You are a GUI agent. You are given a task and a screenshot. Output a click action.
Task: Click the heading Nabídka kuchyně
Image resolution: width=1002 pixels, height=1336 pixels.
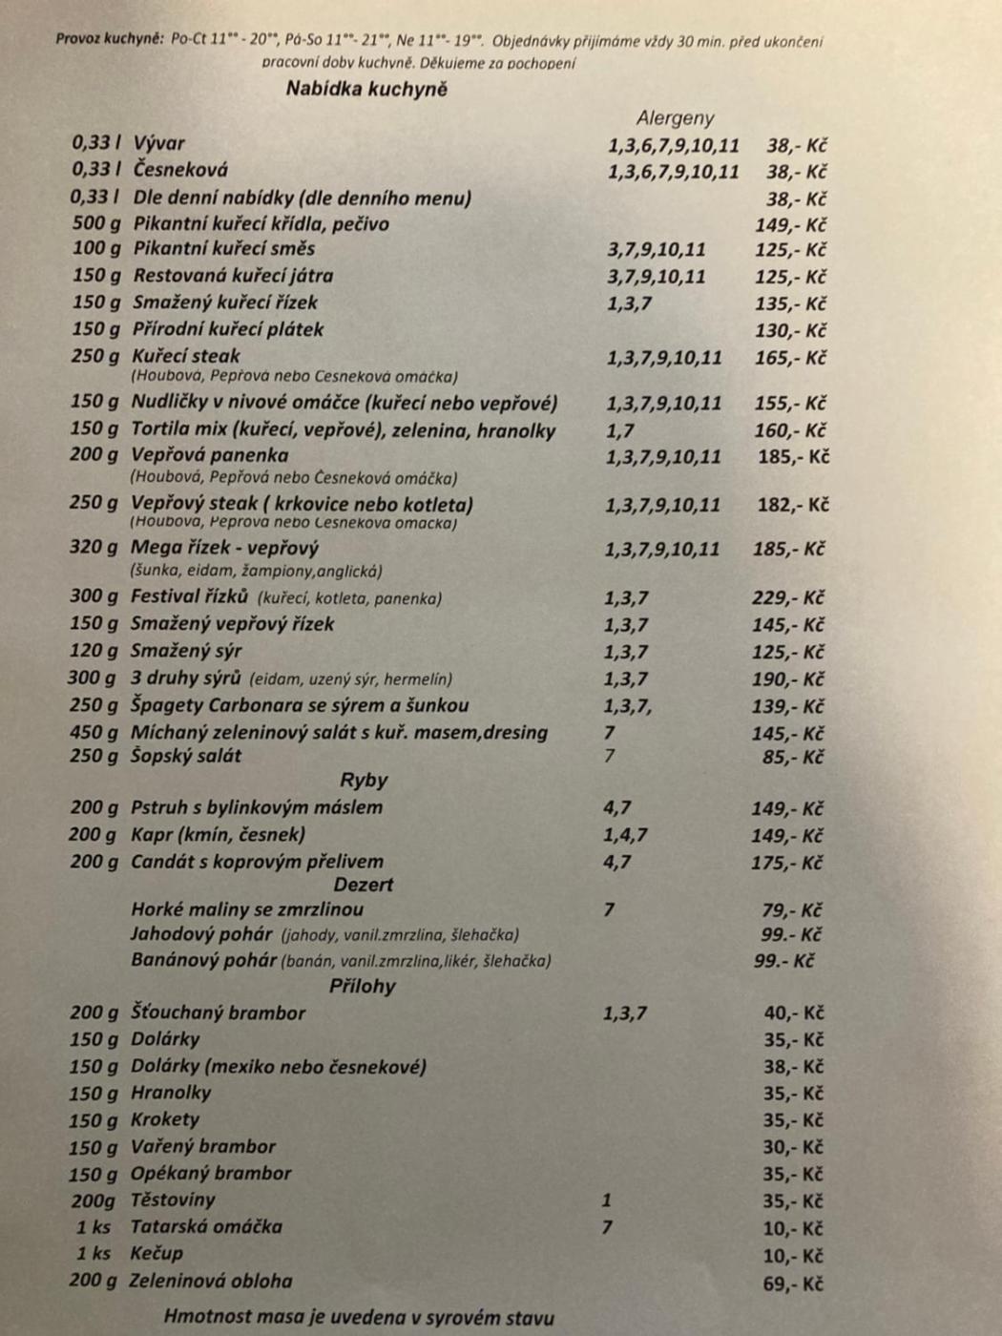tap(366, 90)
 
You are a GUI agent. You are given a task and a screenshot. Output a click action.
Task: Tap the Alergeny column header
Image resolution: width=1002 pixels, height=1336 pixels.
tap(675, 118)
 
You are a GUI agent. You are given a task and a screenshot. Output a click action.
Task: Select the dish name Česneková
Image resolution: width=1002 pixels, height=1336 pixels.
tap(180, 170)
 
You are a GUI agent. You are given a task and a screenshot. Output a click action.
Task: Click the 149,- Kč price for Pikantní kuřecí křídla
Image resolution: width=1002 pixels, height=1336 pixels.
tap(790, 225)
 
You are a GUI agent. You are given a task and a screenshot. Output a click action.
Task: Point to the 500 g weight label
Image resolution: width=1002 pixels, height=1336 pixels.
tap(96, 223)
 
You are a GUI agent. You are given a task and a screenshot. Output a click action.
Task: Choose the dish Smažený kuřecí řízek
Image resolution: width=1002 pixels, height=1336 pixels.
tap(225, 303)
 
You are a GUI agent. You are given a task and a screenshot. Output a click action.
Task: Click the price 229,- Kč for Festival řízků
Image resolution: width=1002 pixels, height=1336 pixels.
tap(787, 598)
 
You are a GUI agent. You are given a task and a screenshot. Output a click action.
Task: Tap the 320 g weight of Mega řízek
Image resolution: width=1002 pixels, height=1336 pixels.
tap(94, 548)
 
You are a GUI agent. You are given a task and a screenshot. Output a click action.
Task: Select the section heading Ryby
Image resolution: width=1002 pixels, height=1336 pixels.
tap(364, 780)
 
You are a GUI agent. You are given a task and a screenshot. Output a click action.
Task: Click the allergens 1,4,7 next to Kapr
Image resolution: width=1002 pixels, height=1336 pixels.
tap(625, 835)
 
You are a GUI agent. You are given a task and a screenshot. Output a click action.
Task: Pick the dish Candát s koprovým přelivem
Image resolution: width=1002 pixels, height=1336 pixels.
tap(257, 861)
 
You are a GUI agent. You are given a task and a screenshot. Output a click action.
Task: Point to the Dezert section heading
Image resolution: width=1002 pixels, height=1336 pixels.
tap(364, 885)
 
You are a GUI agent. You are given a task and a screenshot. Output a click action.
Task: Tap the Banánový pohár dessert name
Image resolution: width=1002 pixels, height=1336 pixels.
tap(203, 960)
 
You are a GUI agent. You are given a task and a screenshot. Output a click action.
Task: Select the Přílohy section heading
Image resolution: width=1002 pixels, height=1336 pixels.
tap(363, 986)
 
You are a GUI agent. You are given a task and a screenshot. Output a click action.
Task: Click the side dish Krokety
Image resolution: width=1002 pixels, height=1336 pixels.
tap(165, 1119)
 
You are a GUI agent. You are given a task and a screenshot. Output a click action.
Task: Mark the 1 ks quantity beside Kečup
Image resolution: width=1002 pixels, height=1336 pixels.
tap(94, 1254)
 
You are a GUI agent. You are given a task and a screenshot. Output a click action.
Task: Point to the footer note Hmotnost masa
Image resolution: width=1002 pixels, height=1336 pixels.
tap(359, 1318)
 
